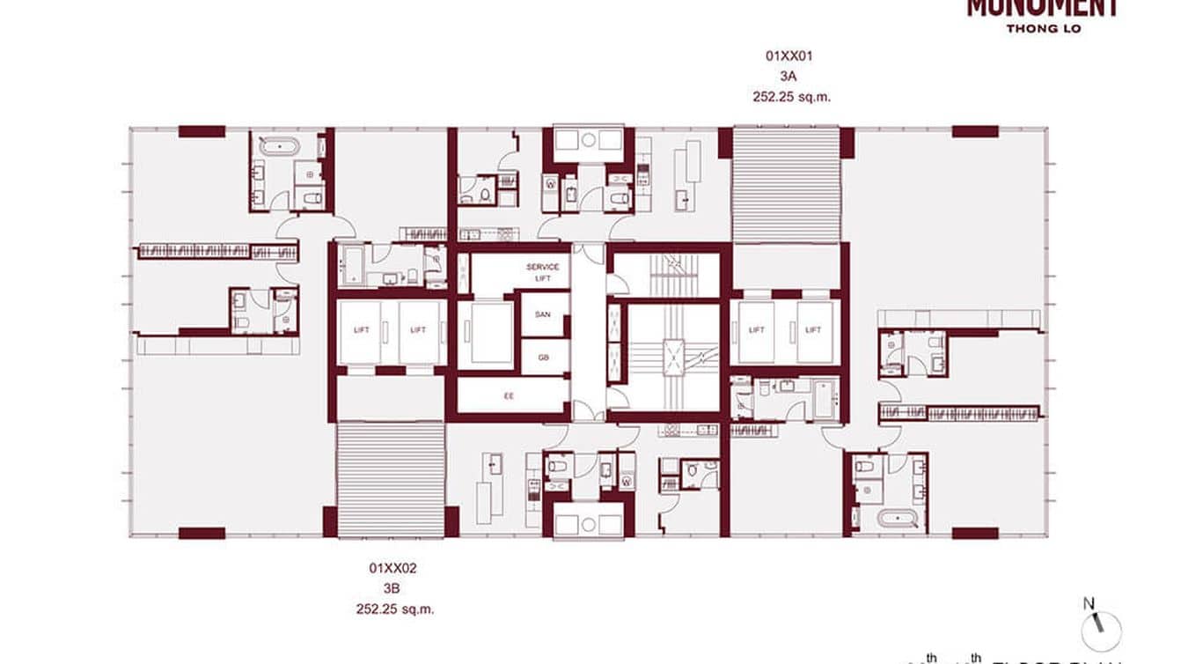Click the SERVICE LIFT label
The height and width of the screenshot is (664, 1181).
[x=543, y=272]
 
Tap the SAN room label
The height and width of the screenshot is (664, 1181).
[x=543, y=314]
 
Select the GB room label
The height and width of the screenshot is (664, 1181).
[x=543, y=357]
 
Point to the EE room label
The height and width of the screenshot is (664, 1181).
[x=509, y=396]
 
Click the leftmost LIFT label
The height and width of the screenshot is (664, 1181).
[x=361, y=330]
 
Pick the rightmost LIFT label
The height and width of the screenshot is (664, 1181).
[x=813, y=330]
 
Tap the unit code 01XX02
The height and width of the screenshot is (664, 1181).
[x=392, y=569]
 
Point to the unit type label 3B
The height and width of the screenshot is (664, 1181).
[x=392, y=589]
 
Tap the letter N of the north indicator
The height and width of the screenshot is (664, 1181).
[x=1089, y=604]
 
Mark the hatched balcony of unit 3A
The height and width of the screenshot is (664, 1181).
[x=786, y=185]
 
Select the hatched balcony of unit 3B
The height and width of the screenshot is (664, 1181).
[x=391, y=478]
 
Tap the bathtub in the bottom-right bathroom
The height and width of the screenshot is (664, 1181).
[x=901, y=518]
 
